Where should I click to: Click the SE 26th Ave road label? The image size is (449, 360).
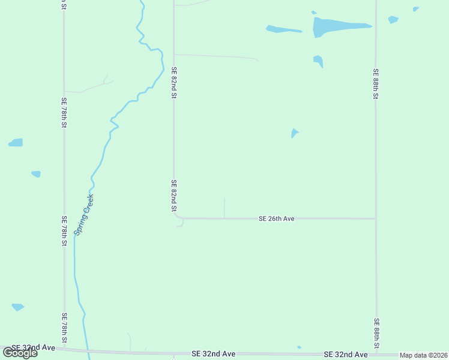click(276, 219)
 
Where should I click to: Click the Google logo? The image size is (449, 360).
click(20, 353)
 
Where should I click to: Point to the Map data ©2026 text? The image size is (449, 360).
click(423, 355)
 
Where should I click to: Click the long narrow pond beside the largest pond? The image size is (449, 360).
click(283, 29)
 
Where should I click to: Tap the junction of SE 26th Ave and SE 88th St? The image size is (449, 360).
click(376, 218)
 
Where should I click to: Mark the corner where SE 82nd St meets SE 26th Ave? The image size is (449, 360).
click(175, 217)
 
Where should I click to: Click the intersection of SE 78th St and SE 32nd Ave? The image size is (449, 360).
click(64, 349)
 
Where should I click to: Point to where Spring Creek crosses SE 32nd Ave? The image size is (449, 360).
click(88, 350)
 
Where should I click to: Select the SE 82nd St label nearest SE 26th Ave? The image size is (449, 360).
click(173, 196)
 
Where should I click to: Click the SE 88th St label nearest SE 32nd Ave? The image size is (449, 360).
click(376, 334)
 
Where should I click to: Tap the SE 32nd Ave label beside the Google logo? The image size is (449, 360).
click(33, 347)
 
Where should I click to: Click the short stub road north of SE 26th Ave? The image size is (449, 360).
click(224, 208)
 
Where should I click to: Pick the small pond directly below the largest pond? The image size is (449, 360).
click(318, 61)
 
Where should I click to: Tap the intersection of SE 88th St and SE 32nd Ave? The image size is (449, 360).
click(376, 353)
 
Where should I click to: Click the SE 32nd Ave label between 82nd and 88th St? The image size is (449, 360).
click(213, 355)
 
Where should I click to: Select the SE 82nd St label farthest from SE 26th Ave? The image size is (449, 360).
click(173, 82)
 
